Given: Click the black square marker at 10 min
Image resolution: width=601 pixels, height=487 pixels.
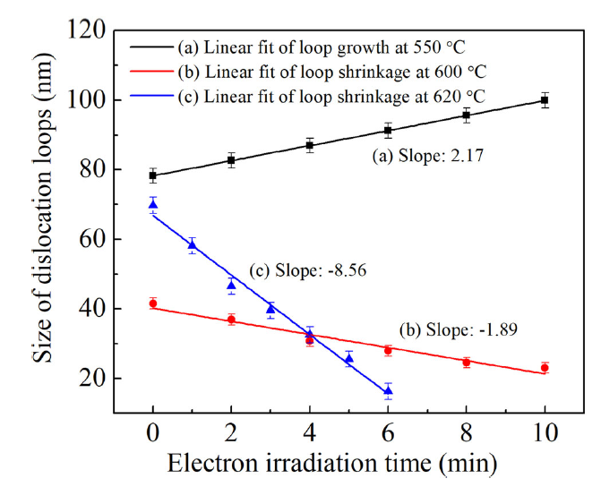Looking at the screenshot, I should [x=545, y=100].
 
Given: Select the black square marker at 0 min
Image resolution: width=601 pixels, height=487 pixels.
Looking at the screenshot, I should [x=153, y=175].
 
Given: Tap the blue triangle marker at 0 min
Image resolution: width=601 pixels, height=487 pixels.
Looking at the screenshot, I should [x=153, y=205].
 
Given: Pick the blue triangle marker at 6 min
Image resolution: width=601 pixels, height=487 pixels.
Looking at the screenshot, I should [x=388, y=390].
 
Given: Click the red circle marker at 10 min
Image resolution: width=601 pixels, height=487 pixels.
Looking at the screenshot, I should [x=545, y=368].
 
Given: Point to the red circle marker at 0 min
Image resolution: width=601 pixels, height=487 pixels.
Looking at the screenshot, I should [x=153, y=303].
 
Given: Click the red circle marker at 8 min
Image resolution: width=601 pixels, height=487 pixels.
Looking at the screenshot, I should [x=466, y=363].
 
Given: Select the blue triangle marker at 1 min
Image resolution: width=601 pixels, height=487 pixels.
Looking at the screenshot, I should [x=193, y=244].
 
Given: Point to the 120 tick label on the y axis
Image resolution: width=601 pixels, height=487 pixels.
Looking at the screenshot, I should [x=97, y=30].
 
